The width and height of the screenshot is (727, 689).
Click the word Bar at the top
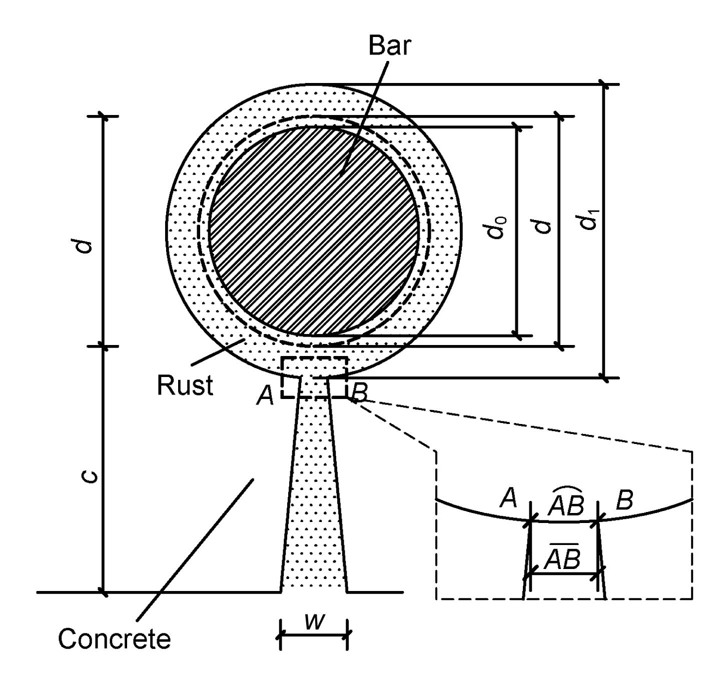[x=390, y=45]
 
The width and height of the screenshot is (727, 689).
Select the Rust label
[x=185, y=385]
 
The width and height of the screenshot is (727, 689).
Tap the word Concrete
[x=114, y=638]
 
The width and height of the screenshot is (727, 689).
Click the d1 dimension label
[x=591, y=220]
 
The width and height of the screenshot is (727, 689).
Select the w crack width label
[x=315, y=622]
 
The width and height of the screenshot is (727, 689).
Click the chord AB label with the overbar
[x=562, y=556]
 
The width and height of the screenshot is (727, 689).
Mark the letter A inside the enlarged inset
[x=508, y=499]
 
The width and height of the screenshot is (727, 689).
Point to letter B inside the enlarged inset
[x=624, y=499]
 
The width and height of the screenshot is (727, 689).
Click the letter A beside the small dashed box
[x=266, y=396]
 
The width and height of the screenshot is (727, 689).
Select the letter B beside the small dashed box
[x=359, y=393]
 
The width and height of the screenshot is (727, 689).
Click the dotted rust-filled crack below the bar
[x=314, y=500]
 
